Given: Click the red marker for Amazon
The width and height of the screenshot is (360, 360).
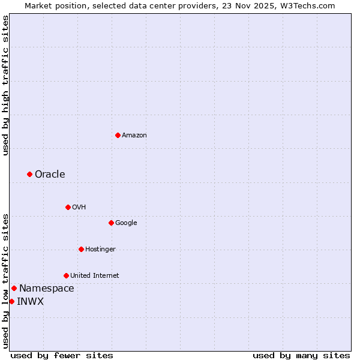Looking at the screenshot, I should tap(118, 135).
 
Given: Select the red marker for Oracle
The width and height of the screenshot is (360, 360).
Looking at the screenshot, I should tap(29, 174).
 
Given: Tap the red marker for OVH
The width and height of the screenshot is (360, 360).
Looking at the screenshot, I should tap(68, 207).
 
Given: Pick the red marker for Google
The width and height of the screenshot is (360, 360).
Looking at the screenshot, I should tap(111, 223).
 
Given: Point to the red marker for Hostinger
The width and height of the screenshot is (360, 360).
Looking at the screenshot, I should tap(81, 249).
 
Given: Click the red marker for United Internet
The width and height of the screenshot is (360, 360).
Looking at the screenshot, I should tap(66, 275).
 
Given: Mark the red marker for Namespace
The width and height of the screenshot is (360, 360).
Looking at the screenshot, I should tap(14, 288).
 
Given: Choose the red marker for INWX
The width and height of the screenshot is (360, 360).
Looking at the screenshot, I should tap(11, 301).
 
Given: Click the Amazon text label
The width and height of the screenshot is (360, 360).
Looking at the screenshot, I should tap(134, 136).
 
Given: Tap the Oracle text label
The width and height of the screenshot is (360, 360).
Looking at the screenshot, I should tap(50, 175).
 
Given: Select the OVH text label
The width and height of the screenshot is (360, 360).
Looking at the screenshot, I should tap(79, 208).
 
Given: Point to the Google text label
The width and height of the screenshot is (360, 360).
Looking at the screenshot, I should tap(126, 223).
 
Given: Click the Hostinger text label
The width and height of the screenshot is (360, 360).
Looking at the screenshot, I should tap(100, 250).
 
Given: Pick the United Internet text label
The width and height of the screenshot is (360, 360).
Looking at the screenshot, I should tap(95, 276).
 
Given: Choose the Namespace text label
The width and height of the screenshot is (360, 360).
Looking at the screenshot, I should tap(47, 289).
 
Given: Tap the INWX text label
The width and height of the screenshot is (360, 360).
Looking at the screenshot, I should tap(30, 302).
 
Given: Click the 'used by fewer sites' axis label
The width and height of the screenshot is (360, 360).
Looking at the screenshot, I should tap(62, 355).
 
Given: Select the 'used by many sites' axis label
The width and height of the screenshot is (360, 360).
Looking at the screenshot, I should tap(301, 355).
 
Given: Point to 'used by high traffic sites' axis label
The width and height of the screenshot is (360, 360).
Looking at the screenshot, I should tap(5, 85).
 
